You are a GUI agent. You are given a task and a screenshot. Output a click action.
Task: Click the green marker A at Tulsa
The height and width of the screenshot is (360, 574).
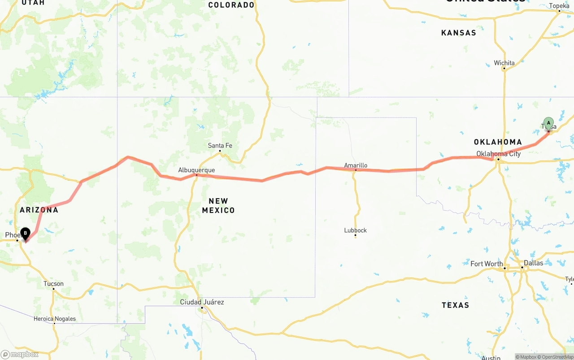(x=548, y=123)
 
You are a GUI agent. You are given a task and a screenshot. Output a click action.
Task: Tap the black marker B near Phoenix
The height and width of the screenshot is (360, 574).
(x=26, y=233)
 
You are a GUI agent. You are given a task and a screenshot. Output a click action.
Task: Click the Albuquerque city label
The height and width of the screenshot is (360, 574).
(x=196, y=170)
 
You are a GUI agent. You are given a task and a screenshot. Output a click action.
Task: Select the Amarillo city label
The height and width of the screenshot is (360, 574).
(x=356, y=165)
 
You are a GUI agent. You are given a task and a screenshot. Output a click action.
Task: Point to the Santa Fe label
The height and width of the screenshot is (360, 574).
(x=220, y=146)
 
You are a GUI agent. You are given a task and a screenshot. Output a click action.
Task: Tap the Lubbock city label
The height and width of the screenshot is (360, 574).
(x=355, y=230)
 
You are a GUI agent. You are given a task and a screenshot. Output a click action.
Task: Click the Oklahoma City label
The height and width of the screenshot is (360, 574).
(x=498, y=154)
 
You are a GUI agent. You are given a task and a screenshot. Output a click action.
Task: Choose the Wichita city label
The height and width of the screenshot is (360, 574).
(x=504, y=63)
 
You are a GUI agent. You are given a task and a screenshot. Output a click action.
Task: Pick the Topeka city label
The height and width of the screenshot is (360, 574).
(x=559, y=6)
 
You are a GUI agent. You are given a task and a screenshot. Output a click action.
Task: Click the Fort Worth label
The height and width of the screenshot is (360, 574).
(x=487, y=264)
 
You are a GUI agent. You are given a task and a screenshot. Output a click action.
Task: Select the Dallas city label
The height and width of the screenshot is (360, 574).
(x=533, y=263)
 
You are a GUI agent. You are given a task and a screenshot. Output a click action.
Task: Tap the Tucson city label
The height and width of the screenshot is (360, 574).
(x=53, y=284)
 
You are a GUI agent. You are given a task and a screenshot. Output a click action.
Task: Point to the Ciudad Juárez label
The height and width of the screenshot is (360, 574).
(x=202, y=302)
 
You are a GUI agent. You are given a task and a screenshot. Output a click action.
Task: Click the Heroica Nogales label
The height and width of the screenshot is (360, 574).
(x=54, y=319)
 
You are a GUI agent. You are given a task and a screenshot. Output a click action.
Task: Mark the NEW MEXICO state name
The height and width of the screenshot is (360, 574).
(x=218, y=205)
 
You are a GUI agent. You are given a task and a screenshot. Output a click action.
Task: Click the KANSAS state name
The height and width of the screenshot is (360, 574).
(x=458, y=33)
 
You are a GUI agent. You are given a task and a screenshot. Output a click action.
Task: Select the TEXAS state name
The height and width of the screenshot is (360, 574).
(x=455, y=305)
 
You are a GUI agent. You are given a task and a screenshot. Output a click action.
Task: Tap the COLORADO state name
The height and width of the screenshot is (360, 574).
(x=231, y=5)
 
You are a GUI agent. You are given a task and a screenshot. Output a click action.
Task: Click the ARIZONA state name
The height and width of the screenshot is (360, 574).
(x=39, y=210)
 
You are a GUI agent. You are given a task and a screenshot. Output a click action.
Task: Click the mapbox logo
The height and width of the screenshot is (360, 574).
(x=20, y=355)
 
